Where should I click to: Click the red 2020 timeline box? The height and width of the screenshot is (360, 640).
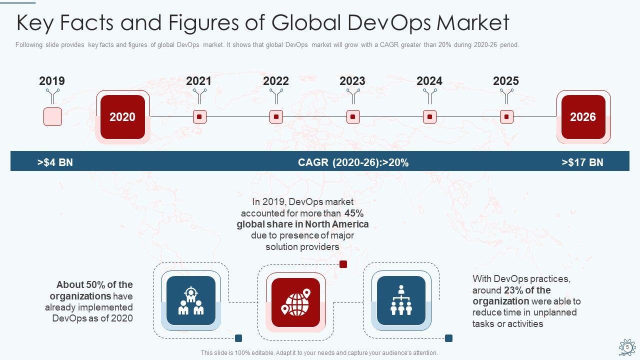[x=122, y=117]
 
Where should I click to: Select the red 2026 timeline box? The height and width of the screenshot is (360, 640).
[x=583, y=117]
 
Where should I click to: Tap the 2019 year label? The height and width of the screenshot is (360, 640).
[x=52, y=81]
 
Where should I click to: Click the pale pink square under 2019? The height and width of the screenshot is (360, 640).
[x=52, y=116]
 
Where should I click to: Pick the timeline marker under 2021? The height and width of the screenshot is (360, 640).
[x=199, y=117]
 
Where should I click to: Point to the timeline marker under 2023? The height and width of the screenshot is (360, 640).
[x=353, y=117]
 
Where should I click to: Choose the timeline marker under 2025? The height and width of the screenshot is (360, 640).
[x=506, y=117]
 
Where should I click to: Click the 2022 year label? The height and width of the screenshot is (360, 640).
[x=276, y=81]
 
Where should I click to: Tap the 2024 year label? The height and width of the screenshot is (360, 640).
[x=429, y=81]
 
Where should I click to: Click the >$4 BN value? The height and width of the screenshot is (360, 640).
[x=55, y=162]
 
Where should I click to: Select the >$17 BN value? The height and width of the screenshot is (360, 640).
[x=582, y=162]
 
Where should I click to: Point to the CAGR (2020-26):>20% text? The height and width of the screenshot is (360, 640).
[x=353, y=162]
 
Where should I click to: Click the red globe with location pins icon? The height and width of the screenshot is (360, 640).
[x=295, y=302]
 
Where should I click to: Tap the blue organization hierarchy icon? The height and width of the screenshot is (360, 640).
[x=401, y=300]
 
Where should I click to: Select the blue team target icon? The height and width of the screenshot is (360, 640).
[x=190, y=300]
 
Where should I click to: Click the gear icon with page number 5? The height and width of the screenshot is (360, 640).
[x=627, y=347]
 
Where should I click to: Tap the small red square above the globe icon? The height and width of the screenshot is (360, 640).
[x=343, y=264]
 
